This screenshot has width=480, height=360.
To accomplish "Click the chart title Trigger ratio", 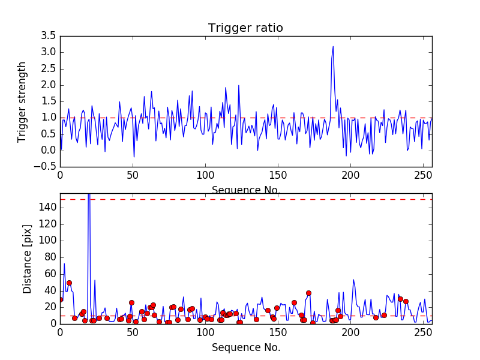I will point(245,28).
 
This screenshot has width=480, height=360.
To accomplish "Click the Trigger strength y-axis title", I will point(22,101).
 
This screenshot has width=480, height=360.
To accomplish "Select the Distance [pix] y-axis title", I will point(28,259).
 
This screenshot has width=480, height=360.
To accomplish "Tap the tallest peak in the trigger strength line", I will point(333,46).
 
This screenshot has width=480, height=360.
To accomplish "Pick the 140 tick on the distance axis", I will point(48,208).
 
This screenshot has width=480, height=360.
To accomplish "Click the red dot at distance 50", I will point(69,283).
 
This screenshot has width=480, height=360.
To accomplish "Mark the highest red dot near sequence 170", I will point(308,293).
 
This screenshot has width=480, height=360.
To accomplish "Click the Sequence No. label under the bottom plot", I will point(246,347).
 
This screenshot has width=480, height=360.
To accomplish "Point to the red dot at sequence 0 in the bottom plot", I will point(60,299).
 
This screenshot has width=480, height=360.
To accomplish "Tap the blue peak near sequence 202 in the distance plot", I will point(353,280).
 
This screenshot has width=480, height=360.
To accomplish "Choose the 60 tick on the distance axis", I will point(50,274).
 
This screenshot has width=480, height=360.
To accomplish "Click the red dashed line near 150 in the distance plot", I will point(246,199).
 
